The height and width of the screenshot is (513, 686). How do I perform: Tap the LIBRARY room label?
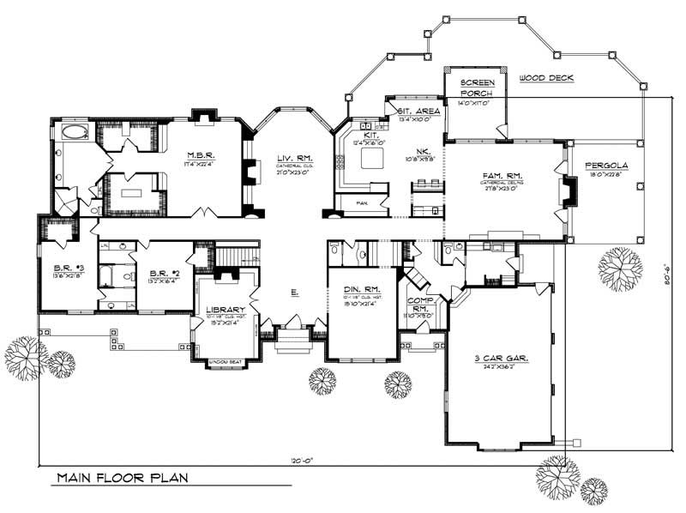pyautogui.click(x=226, y=310)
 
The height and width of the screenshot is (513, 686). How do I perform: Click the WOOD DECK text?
pyautogui.click(x=545, y=78)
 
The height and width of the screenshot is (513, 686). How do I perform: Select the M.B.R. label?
pyautogui.click(x=202, y=154)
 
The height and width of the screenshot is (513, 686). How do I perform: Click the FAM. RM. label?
pyautogui.click(x=502, y=175)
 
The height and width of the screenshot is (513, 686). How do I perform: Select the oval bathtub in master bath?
pyautogui.click(x=74, y=133)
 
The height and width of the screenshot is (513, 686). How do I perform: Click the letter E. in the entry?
pyautogui.click(x=294, y=293)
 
